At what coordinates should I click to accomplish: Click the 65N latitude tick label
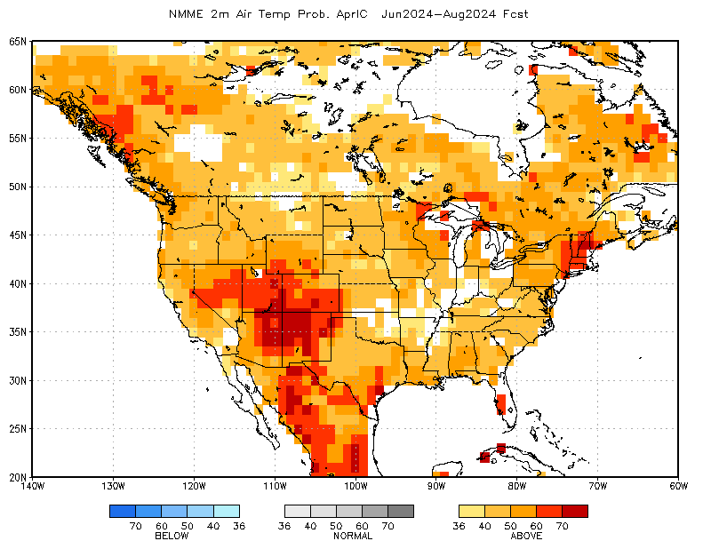tap(18, 41)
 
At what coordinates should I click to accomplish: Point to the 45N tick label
tap(18, 235)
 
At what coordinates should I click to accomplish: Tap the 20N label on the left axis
tap(18, 477)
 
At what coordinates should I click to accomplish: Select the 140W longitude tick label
tap(33, 487)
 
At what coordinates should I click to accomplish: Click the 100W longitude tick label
tap(355, 487)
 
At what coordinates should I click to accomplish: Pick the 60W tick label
tap(678, 487)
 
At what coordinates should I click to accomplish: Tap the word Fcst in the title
tap(515, 14)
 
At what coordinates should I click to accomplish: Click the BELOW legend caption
tap(172, 536)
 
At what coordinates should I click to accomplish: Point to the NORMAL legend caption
tap(353, 536)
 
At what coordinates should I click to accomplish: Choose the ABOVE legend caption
tap(526, 536)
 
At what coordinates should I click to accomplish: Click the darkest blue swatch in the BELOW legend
tap(123, 511)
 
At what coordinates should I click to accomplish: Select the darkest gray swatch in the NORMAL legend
tap(401, 511)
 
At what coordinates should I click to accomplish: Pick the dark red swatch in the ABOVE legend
tap(575, 511)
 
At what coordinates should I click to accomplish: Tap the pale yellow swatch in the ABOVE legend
tap(472, 511)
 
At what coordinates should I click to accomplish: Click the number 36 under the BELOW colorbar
tap(239, 526)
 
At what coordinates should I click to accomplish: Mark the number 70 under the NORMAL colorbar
tap(387, 526)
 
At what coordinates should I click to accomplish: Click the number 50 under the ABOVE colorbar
tap(510, 526)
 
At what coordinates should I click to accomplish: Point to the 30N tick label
tap(18, 380)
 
